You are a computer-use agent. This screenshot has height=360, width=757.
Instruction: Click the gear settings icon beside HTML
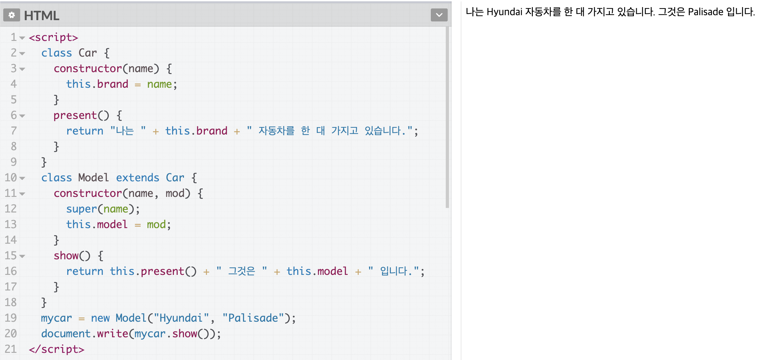[12, 15]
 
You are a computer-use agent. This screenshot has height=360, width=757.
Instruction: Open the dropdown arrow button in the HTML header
[439, 15]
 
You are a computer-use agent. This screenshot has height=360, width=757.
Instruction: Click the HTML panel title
[42, 16]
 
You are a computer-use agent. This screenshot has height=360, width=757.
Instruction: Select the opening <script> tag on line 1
[54, 37]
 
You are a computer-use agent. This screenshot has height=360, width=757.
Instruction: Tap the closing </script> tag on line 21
[57, 349]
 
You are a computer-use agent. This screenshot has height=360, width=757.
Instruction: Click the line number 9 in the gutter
[13, 162]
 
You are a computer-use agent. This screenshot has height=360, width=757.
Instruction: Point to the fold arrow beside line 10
[22, 178]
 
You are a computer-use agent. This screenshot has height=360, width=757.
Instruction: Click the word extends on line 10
[138, 178]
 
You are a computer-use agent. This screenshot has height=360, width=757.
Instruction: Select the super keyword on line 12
[82, 209]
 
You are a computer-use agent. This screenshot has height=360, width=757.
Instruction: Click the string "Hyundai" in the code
[181, 318]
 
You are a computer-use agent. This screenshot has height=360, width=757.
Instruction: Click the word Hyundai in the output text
[504, 12]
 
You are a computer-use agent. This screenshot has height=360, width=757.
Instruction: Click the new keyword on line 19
[100, 318]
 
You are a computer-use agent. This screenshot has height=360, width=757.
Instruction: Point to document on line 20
[66, 334]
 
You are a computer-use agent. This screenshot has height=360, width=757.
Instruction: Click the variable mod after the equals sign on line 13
[156, 225]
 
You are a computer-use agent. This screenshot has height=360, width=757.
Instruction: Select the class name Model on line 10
[94, 178]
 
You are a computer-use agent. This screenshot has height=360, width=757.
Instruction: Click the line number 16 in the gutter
[10, 271]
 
